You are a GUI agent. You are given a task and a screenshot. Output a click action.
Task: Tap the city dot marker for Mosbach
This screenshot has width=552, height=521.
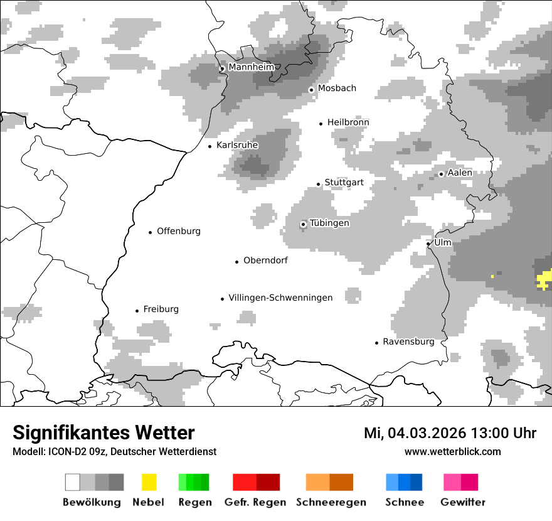coord(311,90)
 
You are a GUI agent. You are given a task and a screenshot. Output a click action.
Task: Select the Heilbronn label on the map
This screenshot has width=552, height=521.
coord(348,122)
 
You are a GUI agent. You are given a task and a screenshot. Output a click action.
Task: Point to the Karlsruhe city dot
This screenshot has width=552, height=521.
coord(210,146)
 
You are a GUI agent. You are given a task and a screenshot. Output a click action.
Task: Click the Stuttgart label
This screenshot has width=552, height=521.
coord(344,183)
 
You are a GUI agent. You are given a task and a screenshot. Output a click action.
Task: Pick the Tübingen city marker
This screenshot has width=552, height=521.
coord(304,224)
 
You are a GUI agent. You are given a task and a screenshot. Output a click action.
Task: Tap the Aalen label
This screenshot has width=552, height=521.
coord(460,173)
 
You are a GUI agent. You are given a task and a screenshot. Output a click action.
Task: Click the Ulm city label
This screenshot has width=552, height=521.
coord(443,242)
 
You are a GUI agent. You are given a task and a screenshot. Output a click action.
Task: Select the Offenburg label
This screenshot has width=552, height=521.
coord(179,231)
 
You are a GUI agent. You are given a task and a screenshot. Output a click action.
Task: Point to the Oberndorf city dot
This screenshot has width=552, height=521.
coord(236,262)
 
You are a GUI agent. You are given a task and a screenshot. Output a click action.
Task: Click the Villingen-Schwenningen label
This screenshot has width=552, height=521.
coord(280,298)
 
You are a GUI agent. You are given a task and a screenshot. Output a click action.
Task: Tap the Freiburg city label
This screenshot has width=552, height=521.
coord(161,309)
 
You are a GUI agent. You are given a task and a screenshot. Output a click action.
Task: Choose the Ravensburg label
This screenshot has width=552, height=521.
coord(408,341)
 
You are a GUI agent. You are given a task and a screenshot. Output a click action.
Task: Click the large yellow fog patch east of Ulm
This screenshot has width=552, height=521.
coord(544,279)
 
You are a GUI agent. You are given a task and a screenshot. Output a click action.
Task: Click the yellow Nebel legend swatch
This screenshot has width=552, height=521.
coord(149,482)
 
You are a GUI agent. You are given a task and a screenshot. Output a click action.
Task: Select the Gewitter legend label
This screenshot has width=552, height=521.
coord(462,502)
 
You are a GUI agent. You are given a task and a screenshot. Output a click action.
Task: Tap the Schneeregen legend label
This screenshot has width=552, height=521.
coord(331,502)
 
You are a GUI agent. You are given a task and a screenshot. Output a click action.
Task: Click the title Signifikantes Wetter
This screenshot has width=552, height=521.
coord(103,433)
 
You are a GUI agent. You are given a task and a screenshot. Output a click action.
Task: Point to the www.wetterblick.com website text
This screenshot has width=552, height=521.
coord(452,451)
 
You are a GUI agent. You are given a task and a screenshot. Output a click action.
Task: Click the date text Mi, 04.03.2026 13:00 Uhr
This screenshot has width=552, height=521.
coord(450,433)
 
